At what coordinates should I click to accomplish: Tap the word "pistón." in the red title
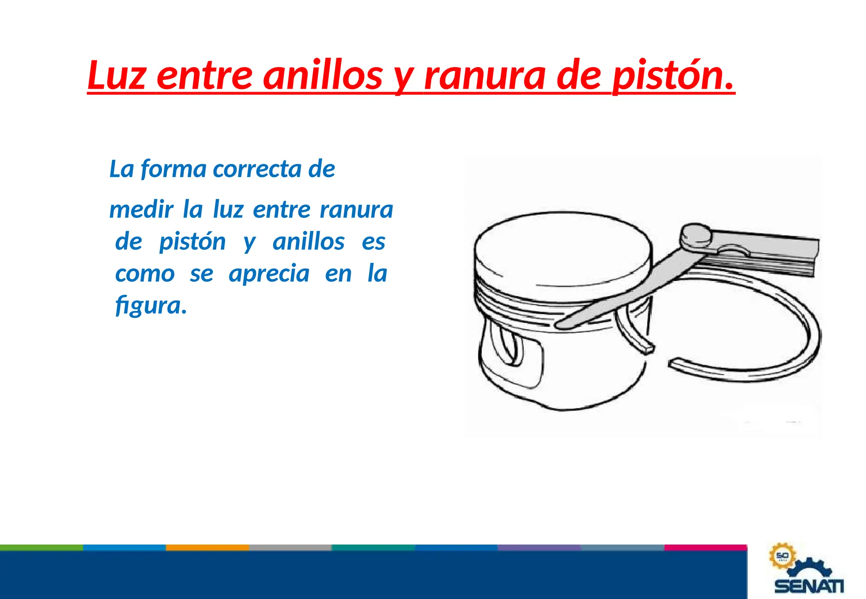673,76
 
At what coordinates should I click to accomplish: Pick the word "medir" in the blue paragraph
141,210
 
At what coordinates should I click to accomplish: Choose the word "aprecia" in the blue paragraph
269,274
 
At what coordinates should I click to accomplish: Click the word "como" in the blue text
145,274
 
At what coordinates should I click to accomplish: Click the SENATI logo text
809,586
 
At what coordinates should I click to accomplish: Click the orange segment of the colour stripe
207,547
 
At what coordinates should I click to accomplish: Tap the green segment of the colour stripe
41,547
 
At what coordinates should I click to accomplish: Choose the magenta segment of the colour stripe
705,547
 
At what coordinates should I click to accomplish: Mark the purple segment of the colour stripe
539,547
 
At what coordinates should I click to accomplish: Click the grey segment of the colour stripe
290,547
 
